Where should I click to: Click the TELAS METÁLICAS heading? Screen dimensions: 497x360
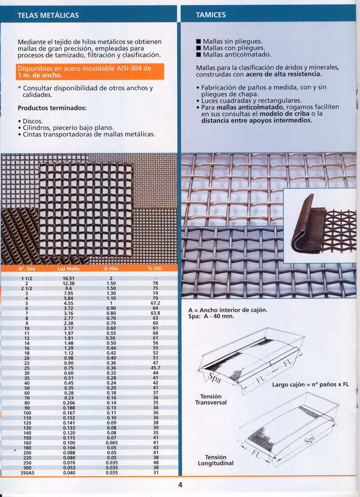tap(48, 15)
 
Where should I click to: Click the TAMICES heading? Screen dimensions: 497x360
tap(211, 15)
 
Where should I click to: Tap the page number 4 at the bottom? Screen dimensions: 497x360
tap(180, 485)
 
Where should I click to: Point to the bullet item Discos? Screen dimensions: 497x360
tap(32, 120)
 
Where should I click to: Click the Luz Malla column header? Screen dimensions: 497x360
tap(68, 268)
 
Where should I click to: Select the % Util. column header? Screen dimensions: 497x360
tap(156, 268)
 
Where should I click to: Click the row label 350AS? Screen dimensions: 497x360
tap(27, 473)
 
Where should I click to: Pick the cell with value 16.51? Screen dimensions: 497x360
tap(68, 278)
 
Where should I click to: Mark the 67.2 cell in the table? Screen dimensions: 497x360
tap(156, 303)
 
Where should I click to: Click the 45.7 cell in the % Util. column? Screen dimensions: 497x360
tap(156, 368)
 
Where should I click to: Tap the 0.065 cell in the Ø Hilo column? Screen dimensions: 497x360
tap(112, 443)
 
